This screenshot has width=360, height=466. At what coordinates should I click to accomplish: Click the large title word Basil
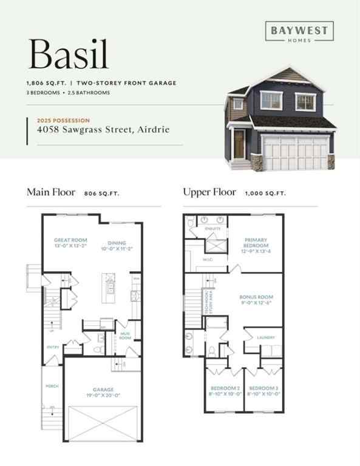tap(68, 54)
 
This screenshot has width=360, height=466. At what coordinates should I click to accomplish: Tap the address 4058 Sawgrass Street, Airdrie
tap(104, 129)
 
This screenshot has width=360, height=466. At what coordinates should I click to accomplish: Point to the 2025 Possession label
tap(63, 120)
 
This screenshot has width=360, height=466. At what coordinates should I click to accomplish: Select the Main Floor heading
tap(51, 192)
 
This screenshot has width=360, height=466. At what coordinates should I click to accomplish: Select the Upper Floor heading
tap(209, 192)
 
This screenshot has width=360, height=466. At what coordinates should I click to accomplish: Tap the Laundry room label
tap(266, 337)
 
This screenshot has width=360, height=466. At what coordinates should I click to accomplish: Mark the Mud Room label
tap(125, 335)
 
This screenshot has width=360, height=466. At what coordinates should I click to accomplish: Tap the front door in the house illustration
tap(239, 143)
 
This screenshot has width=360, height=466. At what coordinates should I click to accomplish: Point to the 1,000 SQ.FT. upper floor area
tap(265, 193)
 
